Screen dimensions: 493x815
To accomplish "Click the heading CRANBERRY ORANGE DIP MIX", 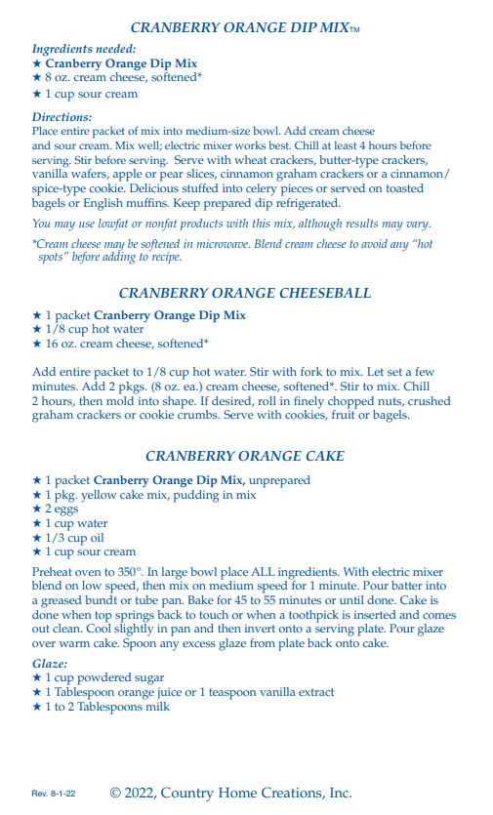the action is click(x=238, y=28).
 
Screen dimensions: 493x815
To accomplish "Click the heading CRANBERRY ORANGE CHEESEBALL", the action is click(x=244, y=293).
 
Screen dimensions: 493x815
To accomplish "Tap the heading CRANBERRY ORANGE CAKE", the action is click(x=244, y=456).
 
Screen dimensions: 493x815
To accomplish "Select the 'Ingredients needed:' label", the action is click(x=84, y=48).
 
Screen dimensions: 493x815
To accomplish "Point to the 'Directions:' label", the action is click(x=62, y=117).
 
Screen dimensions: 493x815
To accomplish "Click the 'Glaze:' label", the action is click(x=52, y=664).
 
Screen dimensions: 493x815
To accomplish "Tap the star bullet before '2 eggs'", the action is click(x=37, y=509).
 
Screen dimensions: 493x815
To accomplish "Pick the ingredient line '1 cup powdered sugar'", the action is click(x=98, y=677).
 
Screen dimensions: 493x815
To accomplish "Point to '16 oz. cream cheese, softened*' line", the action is click(x=120, y=344).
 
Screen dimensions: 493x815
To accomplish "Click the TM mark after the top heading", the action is click(x=355, y=30).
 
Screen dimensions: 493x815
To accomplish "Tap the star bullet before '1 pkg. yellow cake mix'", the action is click(x=37, y=495).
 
